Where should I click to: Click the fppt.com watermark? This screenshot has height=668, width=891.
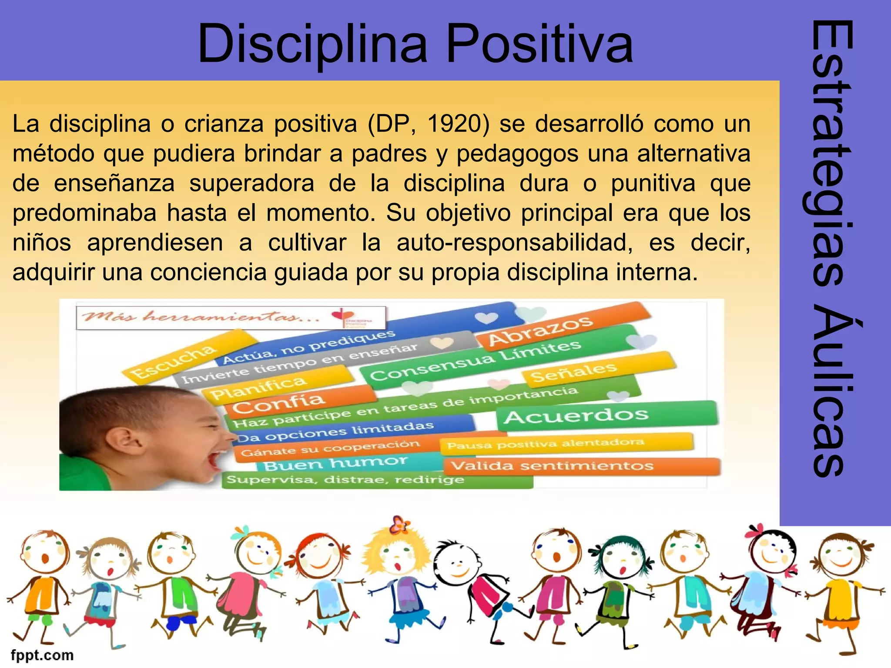[x=42, y=655]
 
